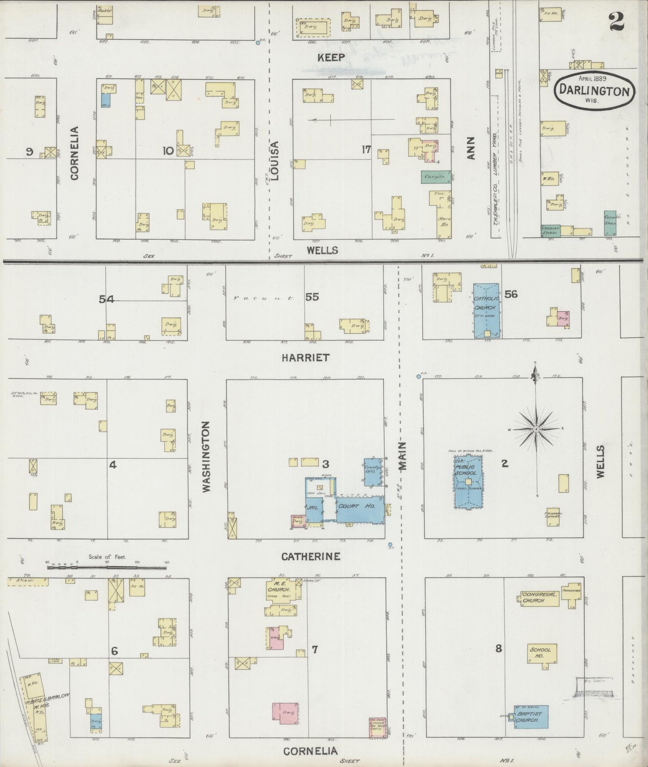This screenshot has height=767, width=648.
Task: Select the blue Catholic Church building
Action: pyautogui.click(x=486, y=309)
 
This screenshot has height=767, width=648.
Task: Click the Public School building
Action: pyautogui.click(x=468, y=482)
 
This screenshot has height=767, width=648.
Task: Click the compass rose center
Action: pyautogui.click(x=536, y=429)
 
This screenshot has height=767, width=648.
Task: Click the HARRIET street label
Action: pyautogui.click(x=306, y=358)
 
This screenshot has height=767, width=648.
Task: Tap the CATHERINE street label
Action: pyautogui.click(x=311, y=556)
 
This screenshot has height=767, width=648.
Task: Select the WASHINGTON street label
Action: pyautogui.click(x=206, y=457)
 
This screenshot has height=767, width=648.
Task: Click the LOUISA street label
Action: pyautogui.click(x=275, y=161)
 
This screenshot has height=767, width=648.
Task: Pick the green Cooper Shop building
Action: pyautogui.click(x=550, y=230)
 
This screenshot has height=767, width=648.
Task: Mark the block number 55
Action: pyautogui.click(x=312, y=297)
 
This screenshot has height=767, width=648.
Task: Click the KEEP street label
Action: pyautogui.click(x=331, y=57)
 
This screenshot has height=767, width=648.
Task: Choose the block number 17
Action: pyautogui.click(x=366, y=150)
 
